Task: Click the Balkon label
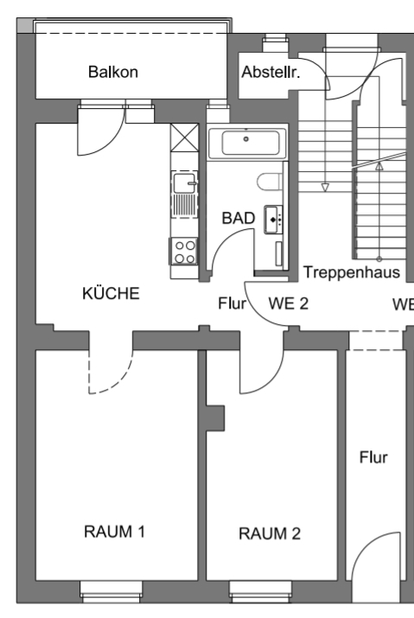[x=113, y=72]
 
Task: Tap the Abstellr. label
[x=271, y=72]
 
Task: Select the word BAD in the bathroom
[x=239, y=218]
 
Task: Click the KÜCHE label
[x=111, y=293]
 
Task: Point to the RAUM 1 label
[x=114, y=532]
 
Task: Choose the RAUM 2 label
[x=270, y=533]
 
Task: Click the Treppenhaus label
[x=351, y=272]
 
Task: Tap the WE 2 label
[x=288, y=303]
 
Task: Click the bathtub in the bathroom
[x=247, y=143]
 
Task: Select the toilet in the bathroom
[x=270, y=182]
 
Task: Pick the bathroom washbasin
[x=273, y=220]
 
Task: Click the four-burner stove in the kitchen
[x=184, y=252]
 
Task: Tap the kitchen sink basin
[x=184, y=183]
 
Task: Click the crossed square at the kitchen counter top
[x=184, y=137]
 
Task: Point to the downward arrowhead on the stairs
[x=325, y=188]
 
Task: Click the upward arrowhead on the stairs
[x=379, y=166]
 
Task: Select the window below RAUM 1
[x=111, y=592]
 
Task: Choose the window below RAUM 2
[x=261, y=592]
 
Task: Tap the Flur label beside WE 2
[x=232, y=303]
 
